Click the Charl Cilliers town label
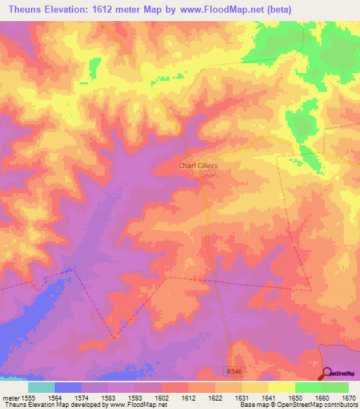tap(198, 165)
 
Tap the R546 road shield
tap(234, 370)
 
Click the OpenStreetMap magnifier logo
tap(328, 372)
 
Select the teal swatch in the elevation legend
tap(41, 387)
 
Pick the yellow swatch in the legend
tap(281, 387)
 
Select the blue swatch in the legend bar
tap(67, 387)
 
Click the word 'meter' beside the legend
tap(11, 396)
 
